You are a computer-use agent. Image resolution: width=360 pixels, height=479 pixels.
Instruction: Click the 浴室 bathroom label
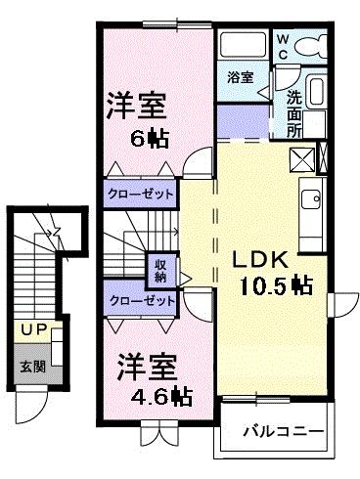tap(241, 76)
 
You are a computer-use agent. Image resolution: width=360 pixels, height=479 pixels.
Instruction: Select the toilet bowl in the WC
tap(311, 45)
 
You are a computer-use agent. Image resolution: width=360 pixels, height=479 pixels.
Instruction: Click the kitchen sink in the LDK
tap(311, 201)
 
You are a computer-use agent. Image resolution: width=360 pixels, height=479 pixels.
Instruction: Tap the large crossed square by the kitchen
tap(301, 157)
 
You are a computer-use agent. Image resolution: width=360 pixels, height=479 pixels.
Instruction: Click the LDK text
tap(258, 261)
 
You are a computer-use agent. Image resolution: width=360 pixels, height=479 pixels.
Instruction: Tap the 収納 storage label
tap(159, 269)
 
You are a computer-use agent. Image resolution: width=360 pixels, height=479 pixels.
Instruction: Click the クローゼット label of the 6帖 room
tap(141, 195)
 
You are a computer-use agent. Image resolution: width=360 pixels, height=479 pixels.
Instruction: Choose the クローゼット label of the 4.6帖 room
tap(142, 302)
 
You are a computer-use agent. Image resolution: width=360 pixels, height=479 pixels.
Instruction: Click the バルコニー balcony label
tap(277, 428)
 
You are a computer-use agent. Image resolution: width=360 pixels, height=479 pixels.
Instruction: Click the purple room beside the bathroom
tap(241, 121)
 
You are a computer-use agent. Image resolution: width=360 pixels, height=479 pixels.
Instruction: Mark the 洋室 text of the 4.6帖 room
tap(147, 369)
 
